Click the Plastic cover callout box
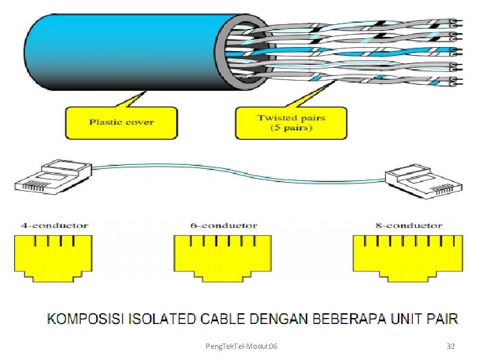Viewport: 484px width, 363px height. tap(121, 122)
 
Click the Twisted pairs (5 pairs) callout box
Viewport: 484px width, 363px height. tap(291, 123)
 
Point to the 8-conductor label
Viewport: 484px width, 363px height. tap(408, 225)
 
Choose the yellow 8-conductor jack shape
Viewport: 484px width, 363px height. tap(407, 256)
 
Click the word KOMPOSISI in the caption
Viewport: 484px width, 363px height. tap(85, 319)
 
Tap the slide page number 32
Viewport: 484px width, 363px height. tap(450, 346)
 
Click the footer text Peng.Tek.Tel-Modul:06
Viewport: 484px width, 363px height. tap(241, 346)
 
